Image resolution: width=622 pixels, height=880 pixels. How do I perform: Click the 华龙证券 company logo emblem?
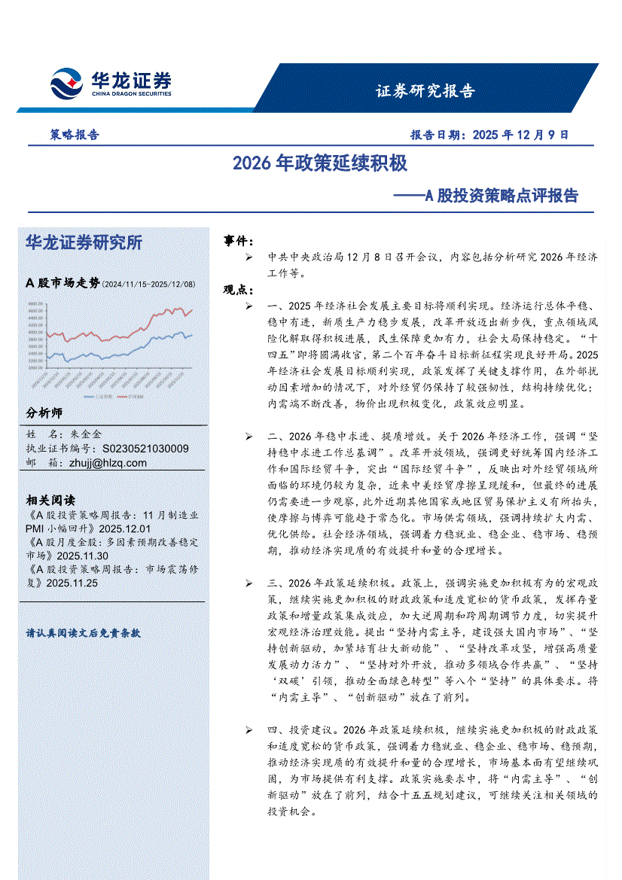tap(66, 83)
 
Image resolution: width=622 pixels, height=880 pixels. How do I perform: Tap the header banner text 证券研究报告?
tap(425, 92)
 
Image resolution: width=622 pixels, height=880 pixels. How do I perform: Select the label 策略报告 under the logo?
tap(75, 136)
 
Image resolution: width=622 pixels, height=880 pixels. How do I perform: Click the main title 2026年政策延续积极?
tap(320, 163)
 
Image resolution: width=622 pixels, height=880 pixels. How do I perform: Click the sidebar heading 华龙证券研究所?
tap(84, 242)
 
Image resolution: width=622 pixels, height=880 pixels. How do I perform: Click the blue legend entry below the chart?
tap(102, 394)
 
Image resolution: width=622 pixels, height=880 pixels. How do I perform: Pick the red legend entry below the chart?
tap(136, 394)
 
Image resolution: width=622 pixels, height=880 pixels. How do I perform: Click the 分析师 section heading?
tap(44, 413)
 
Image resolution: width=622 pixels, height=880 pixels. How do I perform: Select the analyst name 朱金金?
tap(86, 434)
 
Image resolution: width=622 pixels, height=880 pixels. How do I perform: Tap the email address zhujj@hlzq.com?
tap(109, 463)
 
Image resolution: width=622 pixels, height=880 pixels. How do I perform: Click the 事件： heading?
tap(239, 240)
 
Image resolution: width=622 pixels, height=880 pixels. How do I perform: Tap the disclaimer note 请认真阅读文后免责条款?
tap(83, 633)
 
